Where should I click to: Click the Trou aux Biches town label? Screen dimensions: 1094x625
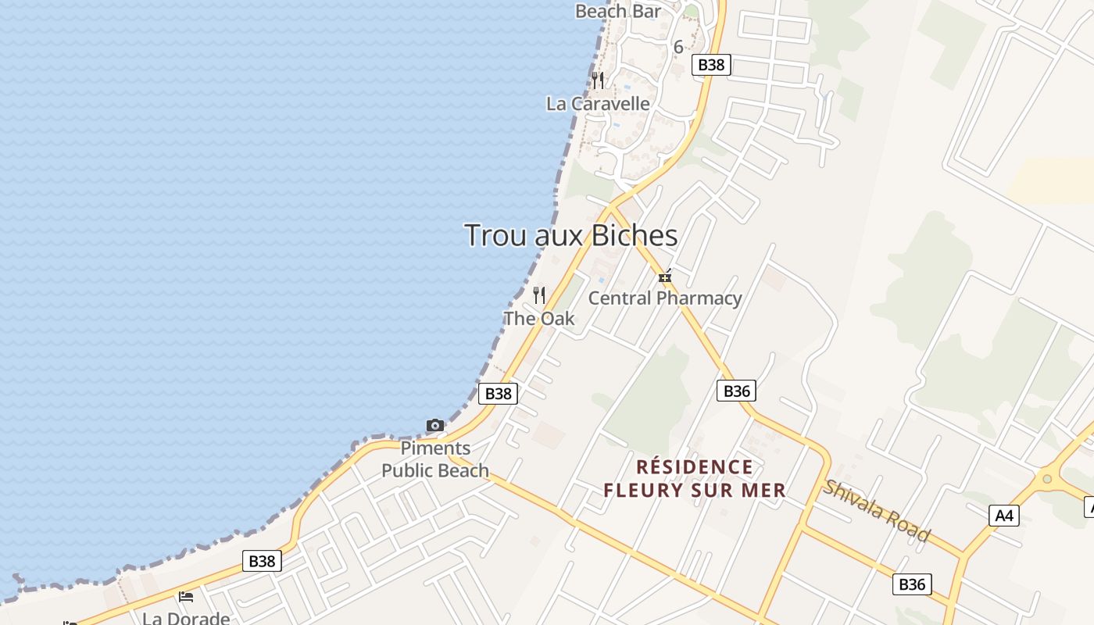click(571, 235)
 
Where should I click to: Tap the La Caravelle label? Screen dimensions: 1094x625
click(598, 104)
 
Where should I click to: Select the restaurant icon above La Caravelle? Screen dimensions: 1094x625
click(598, 80)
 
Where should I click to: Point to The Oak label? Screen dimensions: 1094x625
click(539, 319)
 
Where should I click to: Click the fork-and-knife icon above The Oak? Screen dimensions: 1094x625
click(539, 295)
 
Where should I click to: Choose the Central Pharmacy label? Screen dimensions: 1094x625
click(665, 298)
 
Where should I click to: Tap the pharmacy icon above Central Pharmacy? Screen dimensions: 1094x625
click(665, 277)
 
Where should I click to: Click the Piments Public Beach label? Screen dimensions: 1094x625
click(435, 459)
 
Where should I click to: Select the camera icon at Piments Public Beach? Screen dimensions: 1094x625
click(435, 426)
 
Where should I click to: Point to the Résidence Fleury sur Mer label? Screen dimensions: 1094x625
click(695, 479)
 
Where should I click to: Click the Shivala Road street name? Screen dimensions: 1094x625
click(876, 511)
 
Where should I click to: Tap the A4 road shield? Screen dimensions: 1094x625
click(1004, 516)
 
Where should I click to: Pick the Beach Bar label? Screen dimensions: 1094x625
click(618, 11)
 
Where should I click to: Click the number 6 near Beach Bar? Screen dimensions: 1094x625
click(678, 47)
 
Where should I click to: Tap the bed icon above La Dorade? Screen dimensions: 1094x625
click(186, 597)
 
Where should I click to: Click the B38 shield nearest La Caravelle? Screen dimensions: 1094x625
click(711, 65)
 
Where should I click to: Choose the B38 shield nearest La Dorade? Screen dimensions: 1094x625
click(262, 561)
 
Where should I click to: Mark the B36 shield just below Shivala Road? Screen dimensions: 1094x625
click(912, 584)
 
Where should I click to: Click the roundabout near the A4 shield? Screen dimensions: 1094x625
click(1047, 479)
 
